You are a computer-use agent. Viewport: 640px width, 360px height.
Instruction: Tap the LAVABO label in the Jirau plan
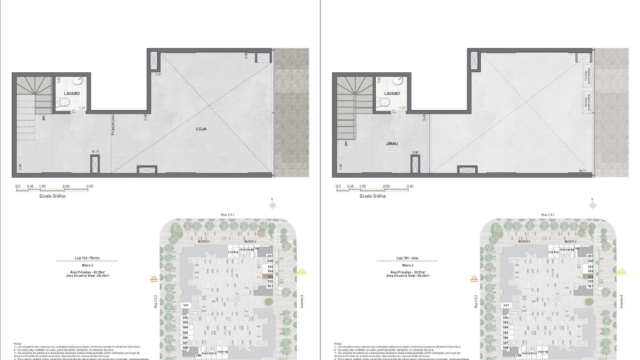[x=397, y=93]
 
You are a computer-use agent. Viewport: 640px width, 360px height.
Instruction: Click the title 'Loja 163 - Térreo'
[x=82, y=256]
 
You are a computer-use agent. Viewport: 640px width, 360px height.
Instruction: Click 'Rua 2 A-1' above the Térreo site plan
[x=227, y=214]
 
